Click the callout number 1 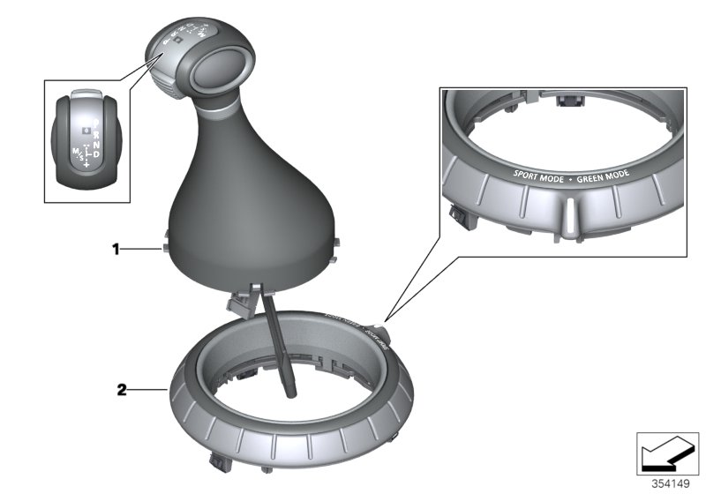(x=115, y=250)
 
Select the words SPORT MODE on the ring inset (x=539, y=170)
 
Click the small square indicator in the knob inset (x=85, y=129)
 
